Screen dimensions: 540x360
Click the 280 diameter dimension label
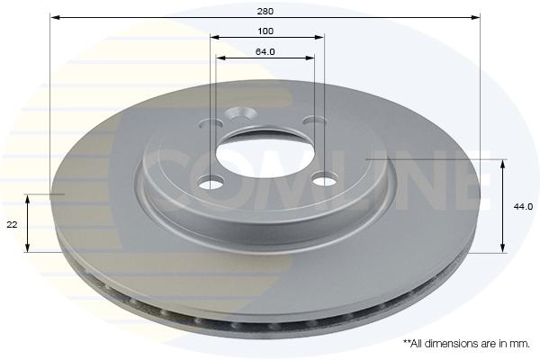click(x=265, y=11)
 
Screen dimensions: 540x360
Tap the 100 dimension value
click(x=265, y=31)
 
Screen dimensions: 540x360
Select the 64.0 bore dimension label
click(x=265, y=51)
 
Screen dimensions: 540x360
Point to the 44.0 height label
click(x=523, y=207)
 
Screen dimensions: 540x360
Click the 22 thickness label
click(x=12, y=225)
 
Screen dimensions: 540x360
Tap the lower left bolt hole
click(x=211, y=182)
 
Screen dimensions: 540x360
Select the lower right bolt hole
click(x=325, y=180)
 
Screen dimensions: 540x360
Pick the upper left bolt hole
click(x=211, y=123)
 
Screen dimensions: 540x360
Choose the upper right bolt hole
click(x=314, y=121)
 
